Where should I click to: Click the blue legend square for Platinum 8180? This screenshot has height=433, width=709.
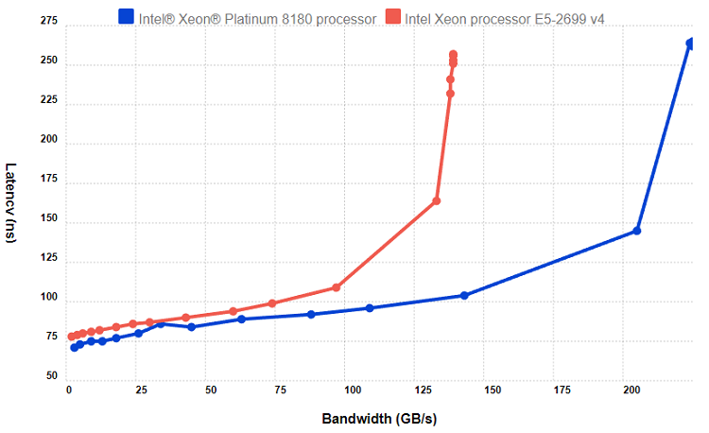tap(125, 16)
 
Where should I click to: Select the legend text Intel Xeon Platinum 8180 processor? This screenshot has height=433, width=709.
tap(257, 16)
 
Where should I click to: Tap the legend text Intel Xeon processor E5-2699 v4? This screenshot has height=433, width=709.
tap(504, 16)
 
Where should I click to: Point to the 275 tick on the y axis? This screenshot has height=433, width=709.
tap(49, 23)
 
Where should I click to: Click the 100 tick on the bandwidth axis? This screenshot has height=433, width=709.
tap(351, 390)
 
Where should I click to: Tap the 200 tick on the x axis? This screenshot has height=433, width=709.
tap(632, 390)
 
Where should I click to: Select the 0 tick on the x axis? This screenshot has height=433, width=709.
tap(68, 390)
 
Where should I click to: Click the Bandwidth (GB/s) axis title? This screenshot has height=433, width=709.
tap(379, 419)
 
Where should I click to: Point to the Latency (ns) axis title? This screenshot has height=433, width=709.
tap(10, 203)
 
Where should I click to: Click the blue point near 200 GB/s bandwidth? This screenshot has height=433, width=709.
tap(637, 231)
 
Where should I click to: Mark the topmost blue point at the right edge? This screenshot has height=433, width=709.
tap(690, 43)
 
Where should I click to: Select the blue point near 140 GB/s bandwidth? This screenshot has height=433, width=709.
tap(464, 295)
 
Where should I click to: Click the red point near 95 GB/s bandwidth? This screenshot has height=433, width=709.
tap(336, 287)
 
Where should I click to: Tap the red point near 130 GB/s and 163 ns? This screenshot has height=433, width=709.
tap(437, 200)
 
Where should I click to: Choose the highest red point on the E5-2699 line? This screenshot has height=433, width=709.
tap(454, 55)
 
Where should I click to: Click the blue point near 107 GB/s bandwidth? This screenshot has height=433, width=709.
tap(370, 308)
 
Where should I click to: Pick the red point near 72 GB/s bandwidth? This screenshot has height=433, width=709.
tap(272, 303)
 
